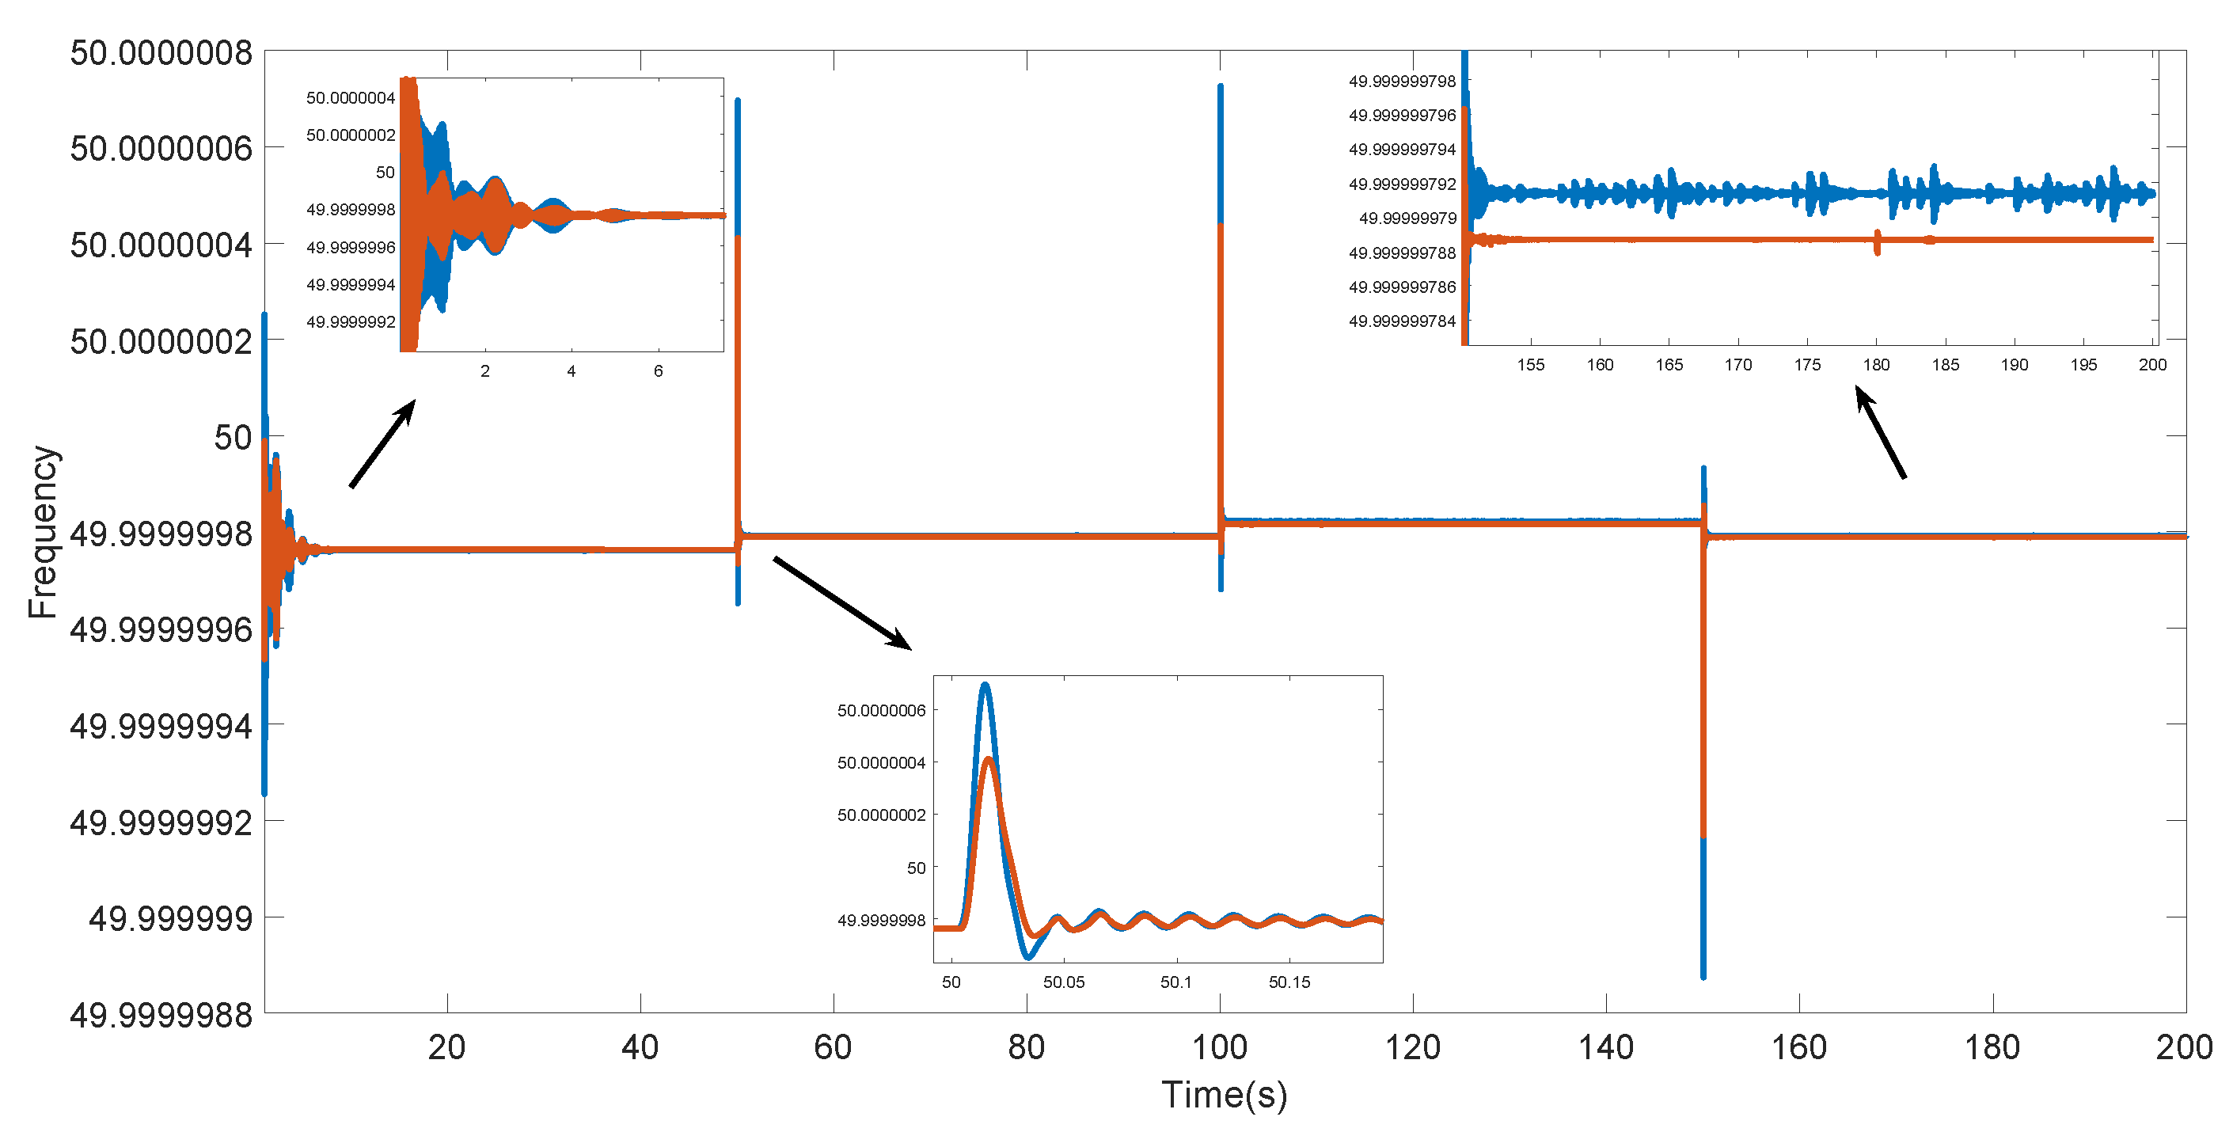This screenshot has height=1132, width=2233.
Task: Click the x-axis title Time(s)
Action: [x=1224, y=1095]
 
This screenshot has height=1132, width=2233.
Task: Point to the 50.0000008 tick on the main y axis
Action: [x=161, y=53]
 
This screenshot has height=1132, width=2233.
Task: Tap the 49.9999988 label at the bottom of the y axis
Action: [x=161, y=1014]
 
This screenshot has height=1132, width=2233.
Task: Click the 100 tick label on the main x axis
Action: [x=1220, y=1048]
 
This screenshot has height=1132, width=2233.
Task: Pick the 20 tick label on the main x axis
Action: [x=446, y=1048]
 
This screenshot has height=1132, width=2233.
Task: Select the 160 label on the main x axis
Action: [x=1798, y=1048]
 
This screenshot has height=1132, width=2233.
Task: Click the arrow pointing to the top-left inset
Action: [x=382, y=443]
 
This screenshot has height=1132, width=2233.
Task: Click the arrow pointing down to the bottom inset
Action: [x=841, y=603]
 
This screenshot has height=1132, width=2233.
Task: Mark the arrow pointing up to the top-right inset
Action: [x=1880, y=432]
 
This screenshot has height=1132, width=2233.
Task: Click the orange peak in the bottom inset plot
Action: [x=988, y=761]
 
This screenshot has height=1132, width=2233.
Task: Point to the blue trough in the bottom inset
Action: [x=1028, y=956]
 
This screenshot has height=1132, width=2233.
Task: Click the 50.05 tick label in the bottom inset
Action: [x=1064, y=982]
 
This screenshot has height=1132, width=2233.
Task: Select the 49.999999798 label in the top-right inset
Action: [x=1402, y=82]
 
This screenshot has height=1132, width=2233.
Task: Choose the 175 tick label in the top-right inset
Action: [x=1807, y=365]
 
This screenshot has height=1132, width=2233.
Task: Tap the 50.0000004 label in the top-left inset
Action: [x=350, y=98]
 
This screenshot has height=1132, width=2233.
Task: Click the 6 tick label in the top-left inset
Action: [x=658, y=371]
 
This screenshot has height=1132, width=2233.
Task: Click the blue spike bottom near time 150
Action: [x=1703, y=974]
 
